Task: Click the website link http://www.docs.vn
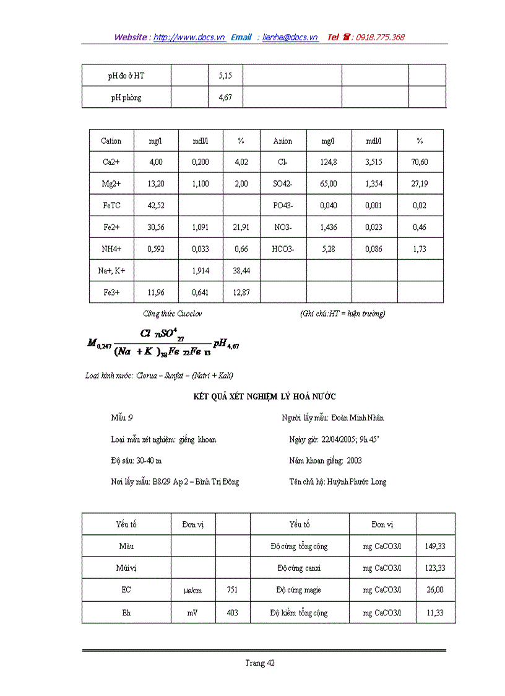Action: tap(189, 37)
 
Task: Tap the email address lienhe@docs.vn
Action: tap(290, 37)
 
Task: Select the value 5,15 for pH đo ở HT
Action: tap(225, 76)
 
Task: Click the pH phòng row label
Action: tap(126, 97)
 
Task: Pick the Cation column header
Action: tap(111, 141)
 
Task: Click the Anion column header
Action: tap(283, 141)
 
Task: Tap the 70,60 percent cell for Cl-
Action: tap(420, 162)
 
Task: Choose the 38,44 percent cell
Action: tap(241, 271)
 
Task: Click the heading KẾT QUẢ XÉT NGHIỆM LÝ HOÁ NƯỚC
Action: tap(264, 397)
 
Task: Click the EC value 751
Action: tap(233, 590)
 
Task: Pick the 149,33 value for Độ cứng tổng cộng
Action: tap(435, 546)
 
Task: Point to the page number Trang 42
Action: tap(260, 663)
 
